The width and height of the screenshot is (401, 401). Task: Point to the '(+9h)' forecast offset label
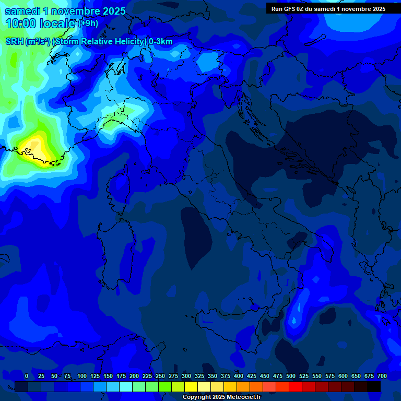(88, 23)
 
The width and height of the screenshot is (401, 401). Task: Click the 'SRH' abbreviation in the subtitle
(14, 42)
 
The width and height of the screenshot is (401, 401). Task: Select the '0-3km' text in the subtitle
(160, 42)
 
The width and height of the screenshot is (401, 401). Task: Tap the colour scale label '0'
(27, 376)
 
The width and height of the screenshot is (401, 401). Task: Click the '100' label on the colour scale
(81, 376)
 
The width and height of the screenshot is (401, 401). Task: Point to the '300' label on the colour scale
(186, 376)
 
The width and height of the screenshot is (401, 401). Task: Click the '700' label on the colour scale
(382, 376)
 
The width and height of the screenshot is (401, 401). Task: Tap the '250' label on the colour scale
(160, 376)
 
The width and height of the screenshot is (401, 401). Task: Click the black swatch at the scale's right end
(374, 386)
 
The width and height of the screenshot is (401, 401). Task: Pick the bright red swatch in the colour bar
(296, 386)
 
